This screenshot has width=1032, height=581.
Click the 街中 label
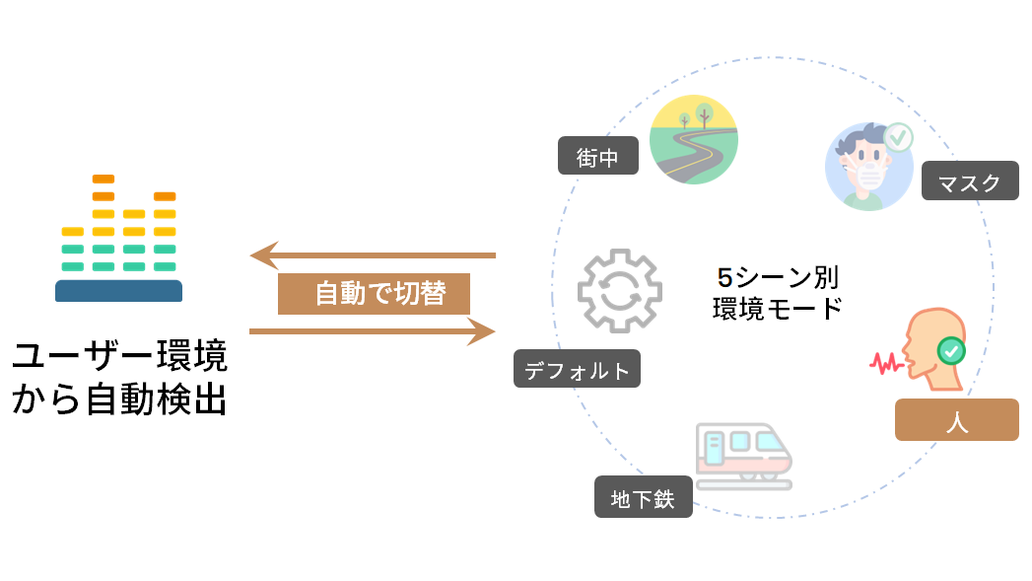[x=598, y=156]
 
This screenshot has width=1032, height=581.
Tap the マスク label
[x=970, y=182]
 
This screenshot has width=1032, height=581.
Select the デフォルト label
[x=577, y=369]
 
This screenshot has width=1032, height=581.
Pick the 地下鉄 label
[x=643, y=497]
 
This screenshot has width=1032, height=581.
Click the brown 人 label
[x=956, y=420]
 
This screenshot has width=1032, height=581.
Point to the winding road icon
[x=695, y=139]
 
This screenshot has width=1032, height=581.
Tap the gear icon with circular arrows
[x=619, y=291]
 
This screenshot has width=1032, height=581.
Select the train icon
[x=742, y=455]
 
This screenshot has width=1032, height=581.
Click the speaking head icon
[x=931, y=346]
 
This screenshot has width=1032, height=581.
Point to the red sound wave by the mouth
[x=885, y=363]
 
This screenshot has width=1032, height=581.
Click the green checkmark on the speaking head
[x=950, y=350]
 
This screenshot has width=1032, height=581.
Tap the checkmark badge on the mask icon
[x=898, y=138]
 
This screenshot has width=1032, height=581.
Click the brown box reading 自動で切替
[x=374, y=294]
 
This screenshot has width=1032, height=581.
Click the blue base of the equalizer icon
[x=118, y=291]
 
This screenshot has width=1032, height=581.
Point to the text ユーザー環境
[x=119, y=356]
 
